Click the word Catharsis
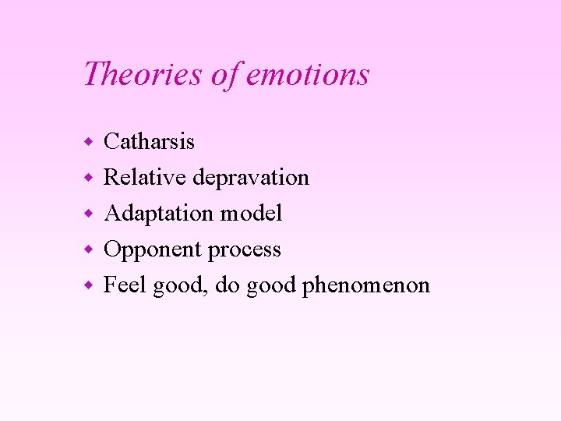pos(150,141)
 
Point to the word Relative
pos(145,177)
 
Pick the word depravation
pos(251,178)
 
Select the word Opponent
pos(153,250)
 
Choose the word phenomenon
pos(366,286)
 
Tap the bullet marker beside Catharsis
pos(90,142)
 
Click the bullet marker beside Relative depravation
pos(90,178)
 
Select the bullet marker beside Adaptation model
pos(90,214)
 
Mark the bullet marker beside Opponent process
pos(90,249)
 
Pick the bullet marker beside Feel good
pos(90,285)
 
